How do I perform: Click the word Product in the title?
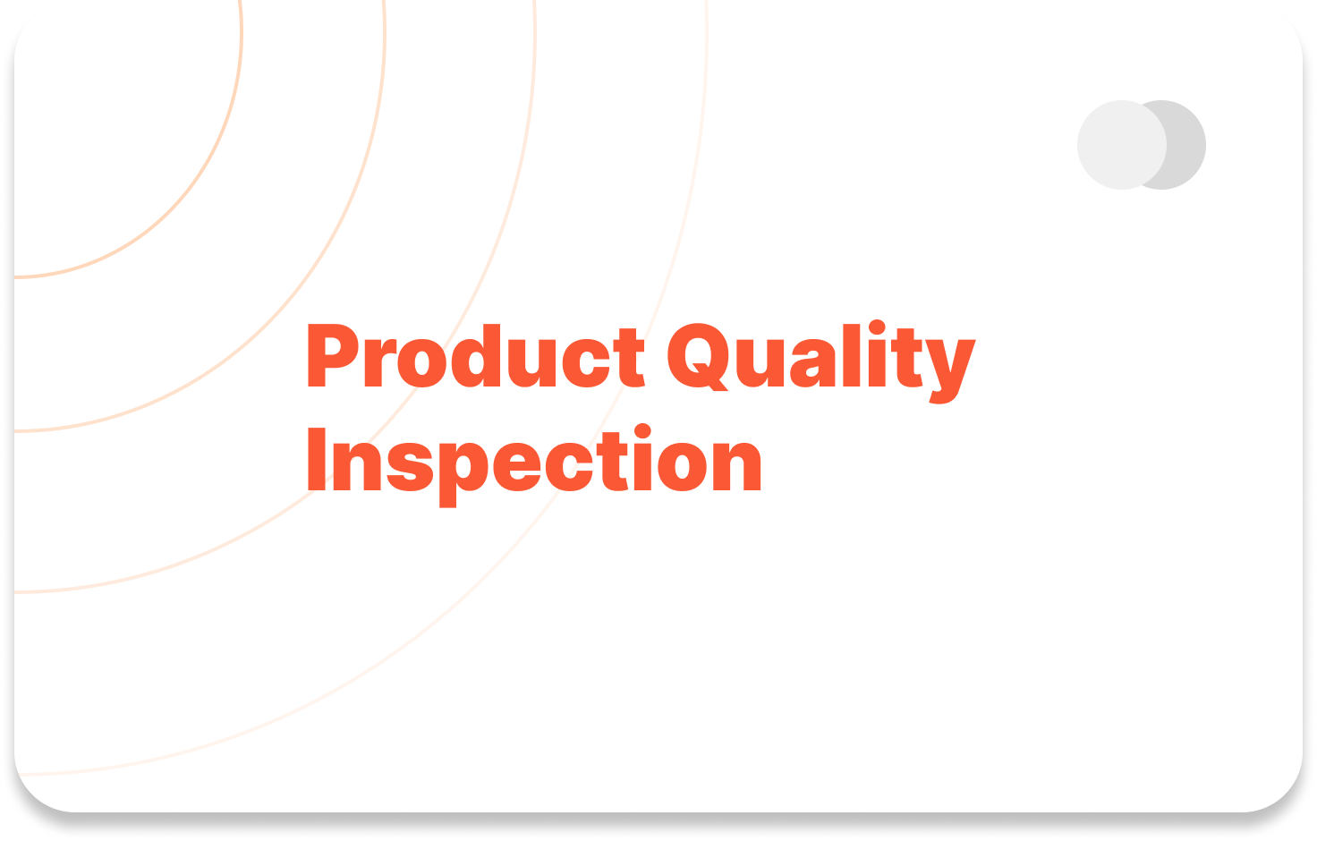tap(476, 356)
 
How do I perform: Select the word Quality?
tap(821, 361)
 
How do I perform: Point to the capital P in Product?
tap(334, 356)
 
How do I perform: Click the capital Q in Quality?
tap(699, 357)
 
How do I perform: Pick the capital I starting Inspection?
tap(317, 459)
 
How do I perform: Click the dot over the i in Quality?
tap(877, 327)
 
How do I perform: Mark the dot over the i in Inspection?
tap(642, 431)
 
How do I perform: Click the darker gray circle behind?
tap(1186, 145)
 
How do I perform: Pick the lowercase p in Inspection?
tap(464, 475)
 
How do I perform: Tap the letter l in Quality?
tap(852, 355)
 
